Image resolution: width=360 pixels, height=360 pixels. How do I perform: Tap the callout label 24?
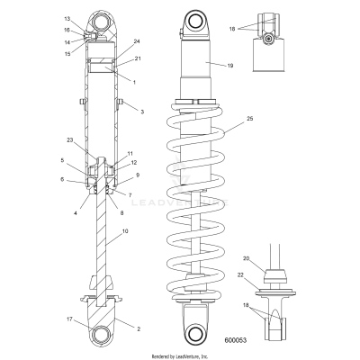(137, 41)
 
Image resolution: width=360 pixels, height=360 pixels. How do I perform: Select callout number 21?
(137, 58)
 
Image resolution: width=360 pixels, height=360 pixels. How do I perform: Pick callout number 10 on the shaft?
(125, 231)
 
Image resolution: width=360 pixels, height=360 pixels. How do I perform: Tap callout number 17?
(67, 319)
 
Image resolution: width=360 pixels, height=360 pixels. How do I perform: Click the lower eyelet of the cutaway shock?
(103, 334)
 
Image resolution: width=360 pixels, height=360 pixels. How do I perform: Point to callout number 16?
(68, 31)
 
